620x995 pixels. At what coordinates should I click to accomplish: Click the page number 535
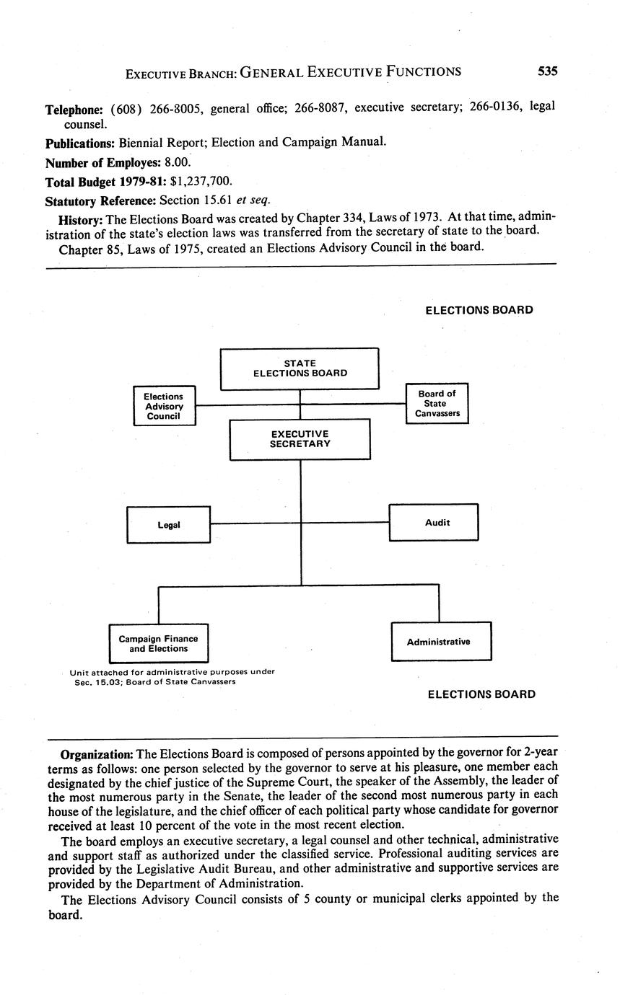click(x=547, y=71)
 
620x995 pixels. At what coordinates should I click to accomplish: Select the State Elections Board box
click(x=300, y=368)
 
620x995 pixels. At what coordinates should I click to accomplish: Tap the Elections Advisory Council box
click(x=164, y=406)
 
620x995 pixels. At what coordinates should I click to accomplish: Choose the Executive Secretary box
click(x=300, y=439)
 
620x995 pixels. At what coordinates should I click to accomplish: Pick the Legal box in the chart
click(x=168, y=524)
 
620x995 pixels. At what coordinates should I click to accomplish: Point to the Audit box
click(x=434, y=522)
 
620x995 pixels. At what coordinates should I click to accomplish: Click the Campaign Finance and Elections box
click(x=158, y=643)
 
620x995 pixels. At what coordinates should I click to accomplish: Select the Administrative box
click(x=441, y=642)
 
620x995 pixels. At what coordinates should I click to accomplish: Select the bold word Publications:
click(x=79, y=142)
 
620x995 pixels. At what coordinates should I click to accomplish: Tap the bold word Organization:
click(x=97, y=754)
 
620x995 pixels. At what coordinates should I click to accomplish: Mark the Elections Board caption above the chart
click(x=479, y=310)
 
